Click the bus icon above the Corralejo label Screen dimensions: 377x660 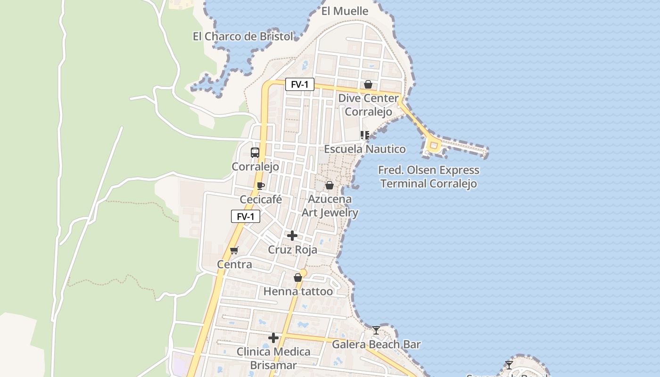coord(255,152)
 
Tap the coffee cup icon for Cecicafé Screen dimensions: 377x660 coord(260,186)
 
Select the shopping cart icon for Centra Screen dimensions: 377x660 coord(234,250)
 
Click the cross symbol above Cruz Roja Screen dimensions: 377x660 coord(292,236)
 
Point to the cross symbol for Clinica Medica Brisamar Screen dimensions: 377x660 coord(273,338)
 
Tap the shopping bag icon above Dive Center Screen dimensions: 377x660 coord(368,84)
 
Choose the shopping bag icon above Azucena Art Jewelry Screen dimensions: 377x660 coord(330,185)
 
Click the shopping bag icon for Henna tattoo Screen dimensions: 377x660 coord(297,278)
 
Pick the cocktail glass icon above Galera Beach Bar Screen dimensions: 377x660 coord(376,330)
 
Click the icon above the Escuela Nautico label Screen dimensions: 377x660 coord(364,135)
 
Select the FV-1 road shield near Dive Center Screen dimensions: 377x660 coord(299,84)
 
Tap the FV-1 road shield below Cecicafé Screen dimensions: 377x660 coord(246,216)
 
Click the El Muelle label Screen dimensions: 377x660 coord(345,11)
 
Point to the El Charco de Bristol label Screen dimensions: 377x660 coord(243,36)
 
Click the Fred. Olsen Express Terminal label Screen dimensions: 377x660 coord(429,177)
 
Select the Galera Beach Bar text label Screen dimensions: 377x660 coord(376,344)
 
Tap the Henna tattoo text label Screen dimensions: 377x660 coord(298,291)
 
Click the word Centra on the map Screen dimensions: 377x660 coord(234,264)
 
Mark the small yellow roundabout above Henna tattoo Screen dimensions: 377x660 coord(303,273)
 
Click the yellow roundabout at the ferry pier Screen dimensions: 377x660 coord(433,146)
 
